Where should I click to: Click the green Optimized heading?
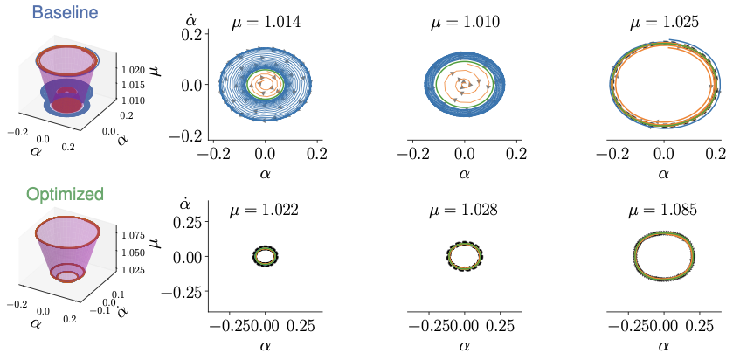[65, 194]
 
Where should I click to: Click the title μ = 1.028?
[465, 211]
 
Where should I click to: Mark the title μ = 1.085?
[663, 211]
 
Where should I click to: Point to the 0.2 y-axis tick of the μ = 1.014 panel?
[192, 32]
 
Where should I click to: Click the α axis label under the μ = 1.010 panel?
[465, 173]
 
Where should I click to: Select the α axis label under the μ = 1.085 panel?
[663, 346]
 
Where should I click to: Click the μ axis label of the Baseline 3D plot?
[159, 62]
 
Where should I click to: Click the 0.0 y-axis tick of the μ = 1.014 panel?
[192, 85]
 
